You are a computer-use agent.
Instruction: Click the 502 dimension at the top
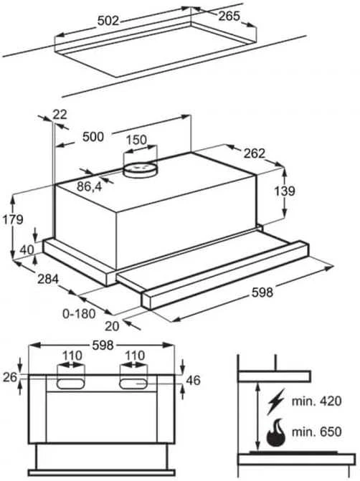pos(108,21)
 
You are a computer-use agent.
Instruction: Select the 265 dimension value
pos(229,16)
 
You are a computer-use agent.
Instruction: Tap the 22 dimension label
pos(60,115)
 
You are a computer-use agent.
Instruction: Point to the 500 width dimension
pos(93,137)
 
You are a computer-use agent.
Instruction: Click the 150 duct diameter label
pos(136,140)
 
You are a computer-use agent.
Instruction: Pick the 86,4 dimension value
pos(89,186)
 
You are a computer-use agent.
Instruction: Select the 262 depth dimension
pos(254,153)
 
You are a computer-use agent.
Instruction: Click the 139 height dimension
pos(285,191)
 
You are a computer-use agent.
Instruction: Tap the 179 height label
pos(13,219)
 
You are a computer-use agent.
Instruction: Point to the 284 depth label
pos(48,279)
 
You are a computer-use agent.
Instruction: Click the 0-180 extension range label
pos(79,314)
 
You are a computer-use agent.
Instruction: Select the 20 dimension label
pos(112,326)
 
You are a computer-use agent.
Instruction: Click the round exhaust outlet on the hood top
pos(140,170)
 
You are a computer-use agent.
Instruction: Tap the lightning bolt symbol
pos(275,401)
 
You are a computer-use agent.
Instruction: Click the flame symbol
pos(275,432)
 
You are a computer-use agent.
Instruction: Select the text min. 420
pos(316,401)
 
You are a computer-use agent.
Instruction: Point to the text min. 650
pos(316,432)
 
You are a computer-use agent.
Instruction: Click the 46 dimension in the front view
pos(193,381)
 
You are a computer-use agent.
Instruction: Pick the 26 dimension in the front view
pos(10,377)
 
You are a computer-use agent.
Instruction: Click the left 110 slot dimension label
pos(72,356)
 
